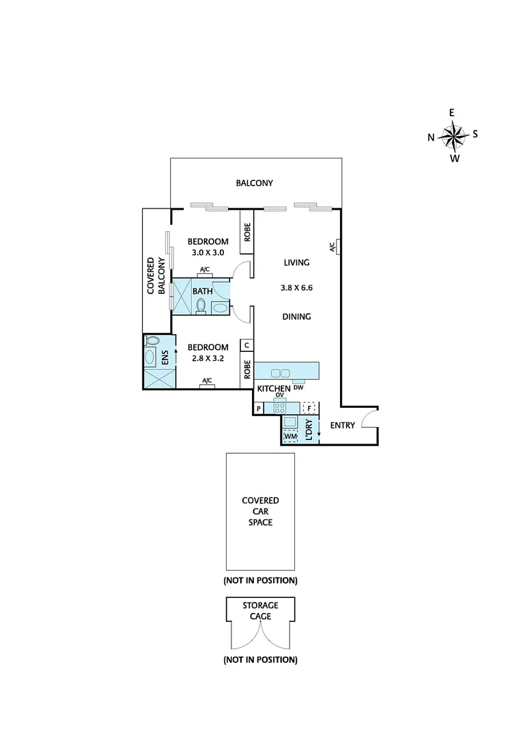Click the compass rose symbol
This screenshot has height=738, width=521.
tap(453, 135)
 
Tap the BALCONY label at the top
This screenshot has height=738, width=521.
tap(254, 183)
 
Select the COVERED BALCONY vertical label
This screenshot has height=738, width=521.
tap(157, 275)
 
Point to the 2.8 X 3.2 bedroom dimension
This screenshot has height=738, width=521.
tap(208, 359)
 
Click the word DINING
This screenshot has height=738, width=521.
tap(296, 316)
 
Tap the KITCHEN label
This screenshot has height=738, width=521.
tap(274, 389)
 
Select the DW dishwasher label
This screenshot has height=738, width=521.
tap(298, 388)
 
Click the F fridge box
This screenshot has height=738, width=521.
tap(309, 409)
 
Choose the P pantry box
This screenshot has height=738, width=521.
tap(259, 409)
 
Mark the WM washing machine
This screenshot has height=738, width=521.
tap(290, 435)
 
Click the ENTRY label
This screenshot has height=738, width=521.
tap(342, 426)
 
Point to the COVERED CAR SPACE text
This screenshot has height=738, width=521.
tap(260, 511)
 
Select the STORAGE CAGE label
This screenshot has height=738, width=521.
tap(260, 611)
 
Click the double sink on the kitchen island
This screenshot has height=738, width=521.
tap(280, 372)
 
